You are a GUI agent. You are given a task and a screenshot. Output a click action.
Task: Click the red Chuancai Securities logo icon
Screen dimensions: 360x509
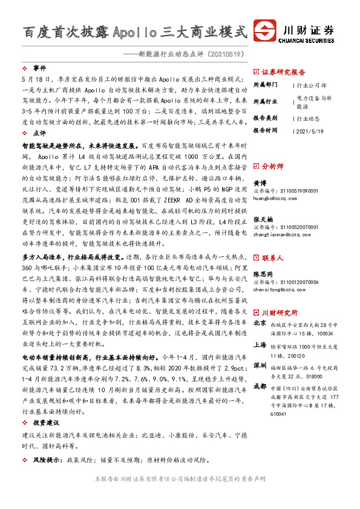(265, 31)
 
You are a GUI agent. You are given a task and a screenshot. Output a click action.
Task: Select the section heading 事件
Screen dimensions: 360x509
(40, 68)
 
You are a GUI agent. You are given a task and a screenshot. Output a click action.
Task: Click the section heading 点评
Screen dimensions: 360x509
(40, 133)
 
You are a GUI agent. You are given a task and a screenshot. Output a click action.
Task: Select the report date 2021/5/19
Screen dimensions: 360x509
(311, 130)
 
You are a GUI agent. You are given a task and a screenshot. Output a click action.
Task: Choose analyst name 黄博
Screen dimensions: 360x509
(259, 182)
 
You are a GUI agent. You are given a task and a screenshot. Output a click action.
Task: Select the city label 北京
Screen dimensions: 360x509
(259, 323)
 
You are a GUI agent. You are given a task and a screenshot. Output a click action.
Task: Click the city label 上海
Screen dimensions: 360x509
(259, 345)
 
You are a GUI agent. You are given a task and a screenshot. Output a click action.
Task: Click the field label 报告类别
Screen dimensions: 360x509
(264, 118)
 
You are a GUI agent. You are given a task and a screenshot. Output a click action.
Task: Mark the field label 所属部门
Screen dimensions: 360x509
(264, 85)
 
